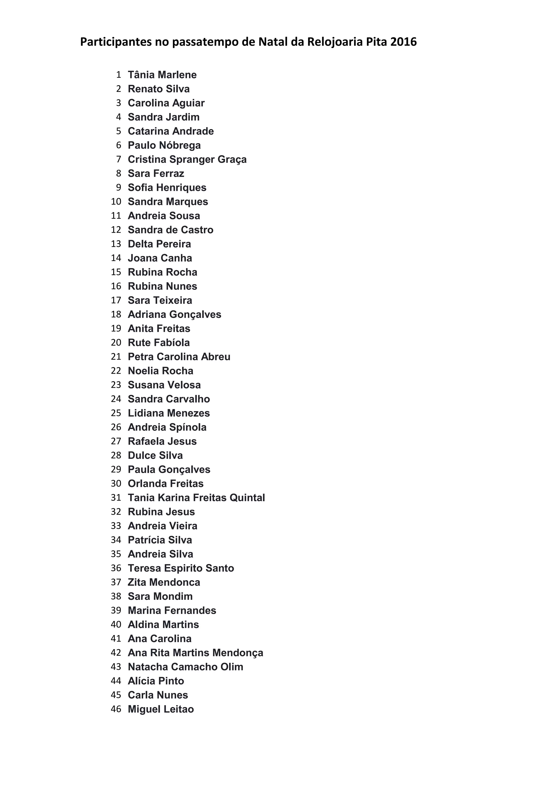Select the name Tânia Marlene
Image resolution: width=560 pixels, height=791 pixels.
pos(162,75)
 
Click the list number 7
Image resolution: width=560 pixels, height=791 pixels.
pos(119,159)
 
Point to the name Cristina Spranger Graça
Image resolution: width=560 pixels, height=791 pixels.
pos(187,160)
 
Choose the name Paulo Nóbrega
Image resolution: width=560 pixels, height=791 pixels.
pos(164,145)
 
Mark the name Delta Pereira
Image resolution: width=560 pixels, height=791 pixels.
pos(159,244)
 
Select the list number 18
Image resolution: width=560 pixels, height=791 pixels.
pos(116,314)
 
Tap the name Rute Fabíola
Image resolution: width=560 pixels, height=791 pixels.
pos(159,343)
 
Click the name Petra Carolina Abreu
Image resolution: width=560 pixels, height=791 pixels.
pos(179,356)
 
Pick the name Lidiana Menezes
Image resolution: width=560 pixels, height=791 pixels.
pos(169,413)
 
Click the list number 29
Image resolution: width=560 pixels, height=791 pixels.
pos(116,469)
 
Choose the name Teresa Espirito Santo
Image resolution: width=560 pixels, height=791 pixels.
pos(181,568)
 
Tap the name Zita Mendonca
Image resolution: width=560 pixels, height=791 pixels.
pos(164,582)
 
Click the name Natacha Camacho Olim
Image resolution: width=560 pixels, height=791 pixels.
pos(185,667)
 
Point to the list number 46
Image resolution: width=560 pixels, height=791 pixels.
pos(116,709)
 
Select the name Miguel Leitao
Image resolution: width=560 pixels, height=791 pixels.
pos(161,709)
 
